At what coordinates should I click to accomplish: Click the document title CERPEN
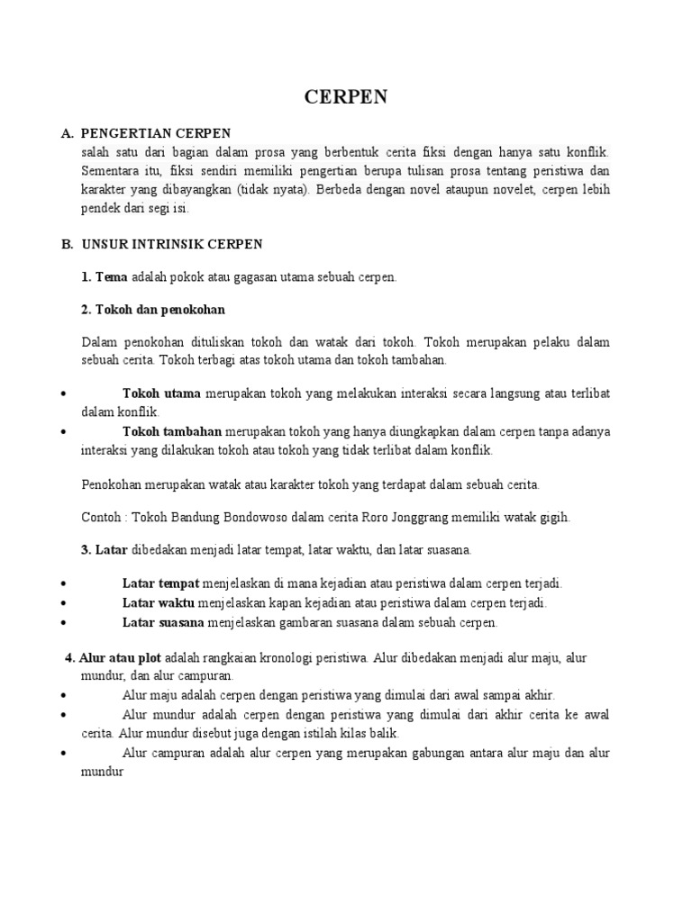[346, 98]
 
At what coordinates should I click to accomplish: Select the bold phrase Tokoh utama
[162, 394]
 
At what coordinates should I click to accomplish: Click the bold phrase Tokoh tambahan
[172, 431]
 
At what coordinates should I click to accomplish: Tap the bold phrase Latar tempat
[161, 583]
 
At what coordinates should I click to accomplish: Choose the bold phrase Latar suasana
[163, 622]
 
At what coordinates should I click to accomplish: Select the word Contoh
[100, 517]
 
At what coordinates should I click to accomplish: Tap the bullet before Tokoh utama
[64, 394]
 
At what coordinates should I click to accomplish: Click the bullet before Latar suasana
[64, 622]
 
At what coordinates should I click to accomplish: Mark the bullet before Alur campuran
[64, 753]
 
